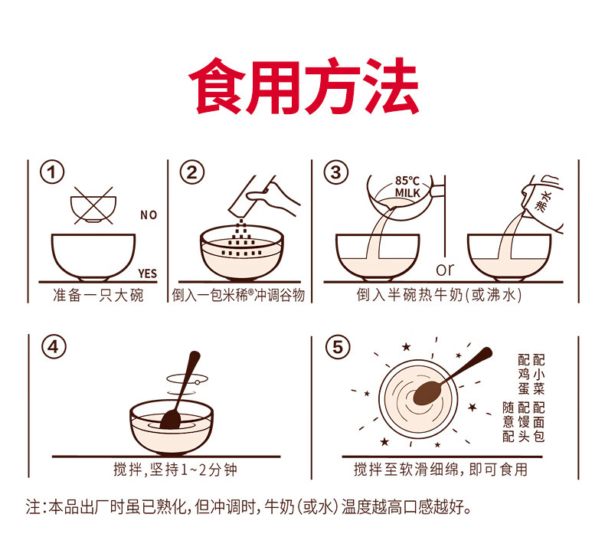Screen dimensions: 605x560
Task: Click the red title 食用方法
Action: [x=304, y=86]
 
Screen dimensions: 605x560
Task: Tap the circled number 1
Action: [x=52, y=172]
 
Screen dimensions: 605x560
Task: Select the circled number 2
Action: [x=191, y=172]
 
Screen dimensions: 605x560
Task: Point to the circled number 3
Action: [x=335, y=172]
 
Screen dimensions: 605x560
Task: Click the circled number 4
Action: [x=54, y=346]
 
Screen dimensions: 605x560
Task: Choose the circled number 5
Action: [x=338, y=346]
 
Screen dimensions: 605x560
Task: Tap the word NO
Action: [x=149, y=215]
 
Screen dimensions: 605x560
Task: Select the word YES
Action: [x=147, y=273]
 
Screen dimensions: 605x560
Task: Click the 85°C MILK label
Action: [x=407, y=186]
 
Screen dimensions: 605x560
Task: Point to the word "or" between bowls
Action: [x=445, y=270]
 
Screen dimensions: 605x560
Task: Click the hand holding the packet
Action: [x=273, y=197]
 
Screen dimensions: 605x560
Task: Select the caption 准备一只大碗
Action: [x=98, y=295]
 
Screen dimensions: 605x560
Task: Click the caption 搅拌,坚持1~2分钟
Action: [x=175, y=470]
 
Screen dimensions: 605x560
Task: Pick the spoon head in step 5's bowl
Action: [x=426, y=393]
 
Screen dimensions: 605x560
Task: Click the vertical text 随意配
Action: [x=509, y=422]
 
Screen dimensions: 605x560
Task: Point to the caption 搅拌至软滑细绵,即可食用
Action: [x=440, y=470]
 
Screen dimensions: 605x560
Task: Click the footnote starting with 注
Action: [x=249, y=506]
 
